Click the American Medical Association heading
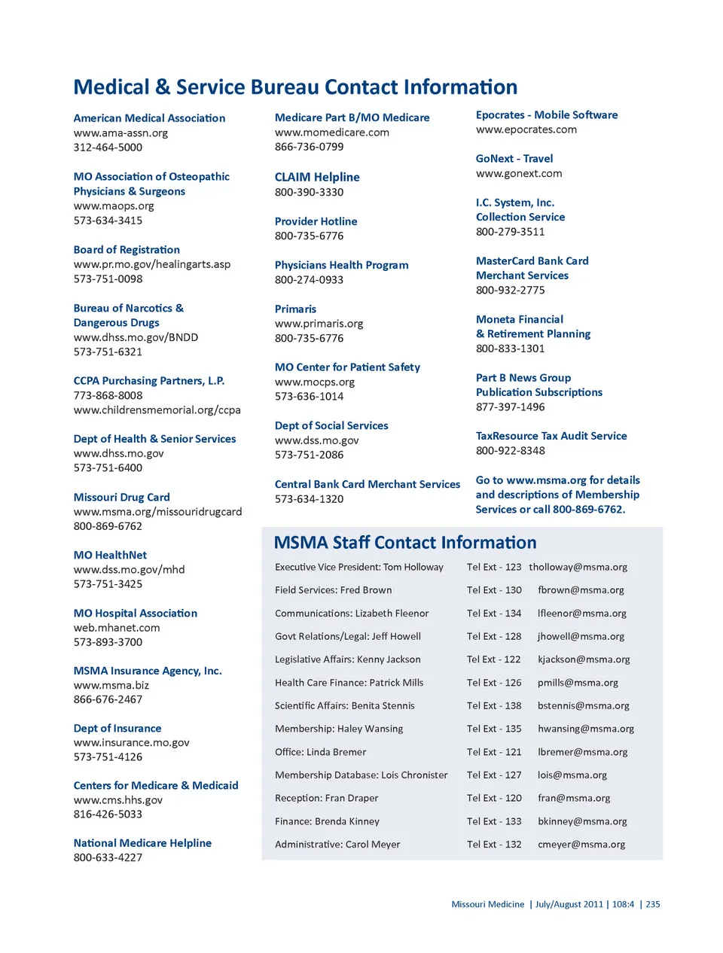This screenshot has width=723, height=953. point(149,118)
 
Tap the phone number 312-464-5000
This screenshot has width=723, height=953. point(108,148)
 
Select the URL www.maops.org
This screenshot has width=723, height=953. point(114,206)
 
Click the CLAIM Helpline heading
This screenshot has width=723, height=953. point(317,177)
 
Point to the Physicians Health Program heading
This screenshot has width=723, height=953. point(341,265)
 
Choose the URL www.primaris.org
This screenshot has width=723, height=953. point(319,324)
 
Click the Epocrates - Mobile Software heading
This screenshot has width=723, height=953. point(546,115)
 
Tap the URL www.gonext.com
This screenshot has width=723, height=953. point(519,173)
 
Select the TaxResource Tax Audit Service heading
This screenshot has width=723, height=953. point(551,436)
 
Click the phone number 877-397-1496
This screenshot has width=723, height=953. point(510,407)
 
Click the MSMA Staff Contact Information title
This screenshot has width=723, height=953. point(405,543)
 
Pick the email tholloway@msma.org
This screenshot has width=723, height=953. point(578,568)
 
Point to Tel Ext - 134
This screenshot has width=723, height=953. point(494,614)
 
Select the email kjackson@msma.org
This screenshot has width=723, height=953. point(584,659)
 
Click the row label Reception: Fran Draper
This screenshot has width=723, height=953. point(327,799)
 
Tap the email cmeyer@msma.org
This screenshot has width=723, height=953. point(581,845)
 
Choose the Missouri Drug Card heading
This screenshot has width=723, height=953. point(121,498)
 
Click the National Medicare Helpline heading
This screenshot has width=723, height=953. point(142,843)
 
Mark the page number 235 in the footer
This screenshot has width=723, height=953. point(652,905)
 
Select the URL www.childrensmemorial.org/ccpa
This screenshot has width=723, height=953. point(157,410)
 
